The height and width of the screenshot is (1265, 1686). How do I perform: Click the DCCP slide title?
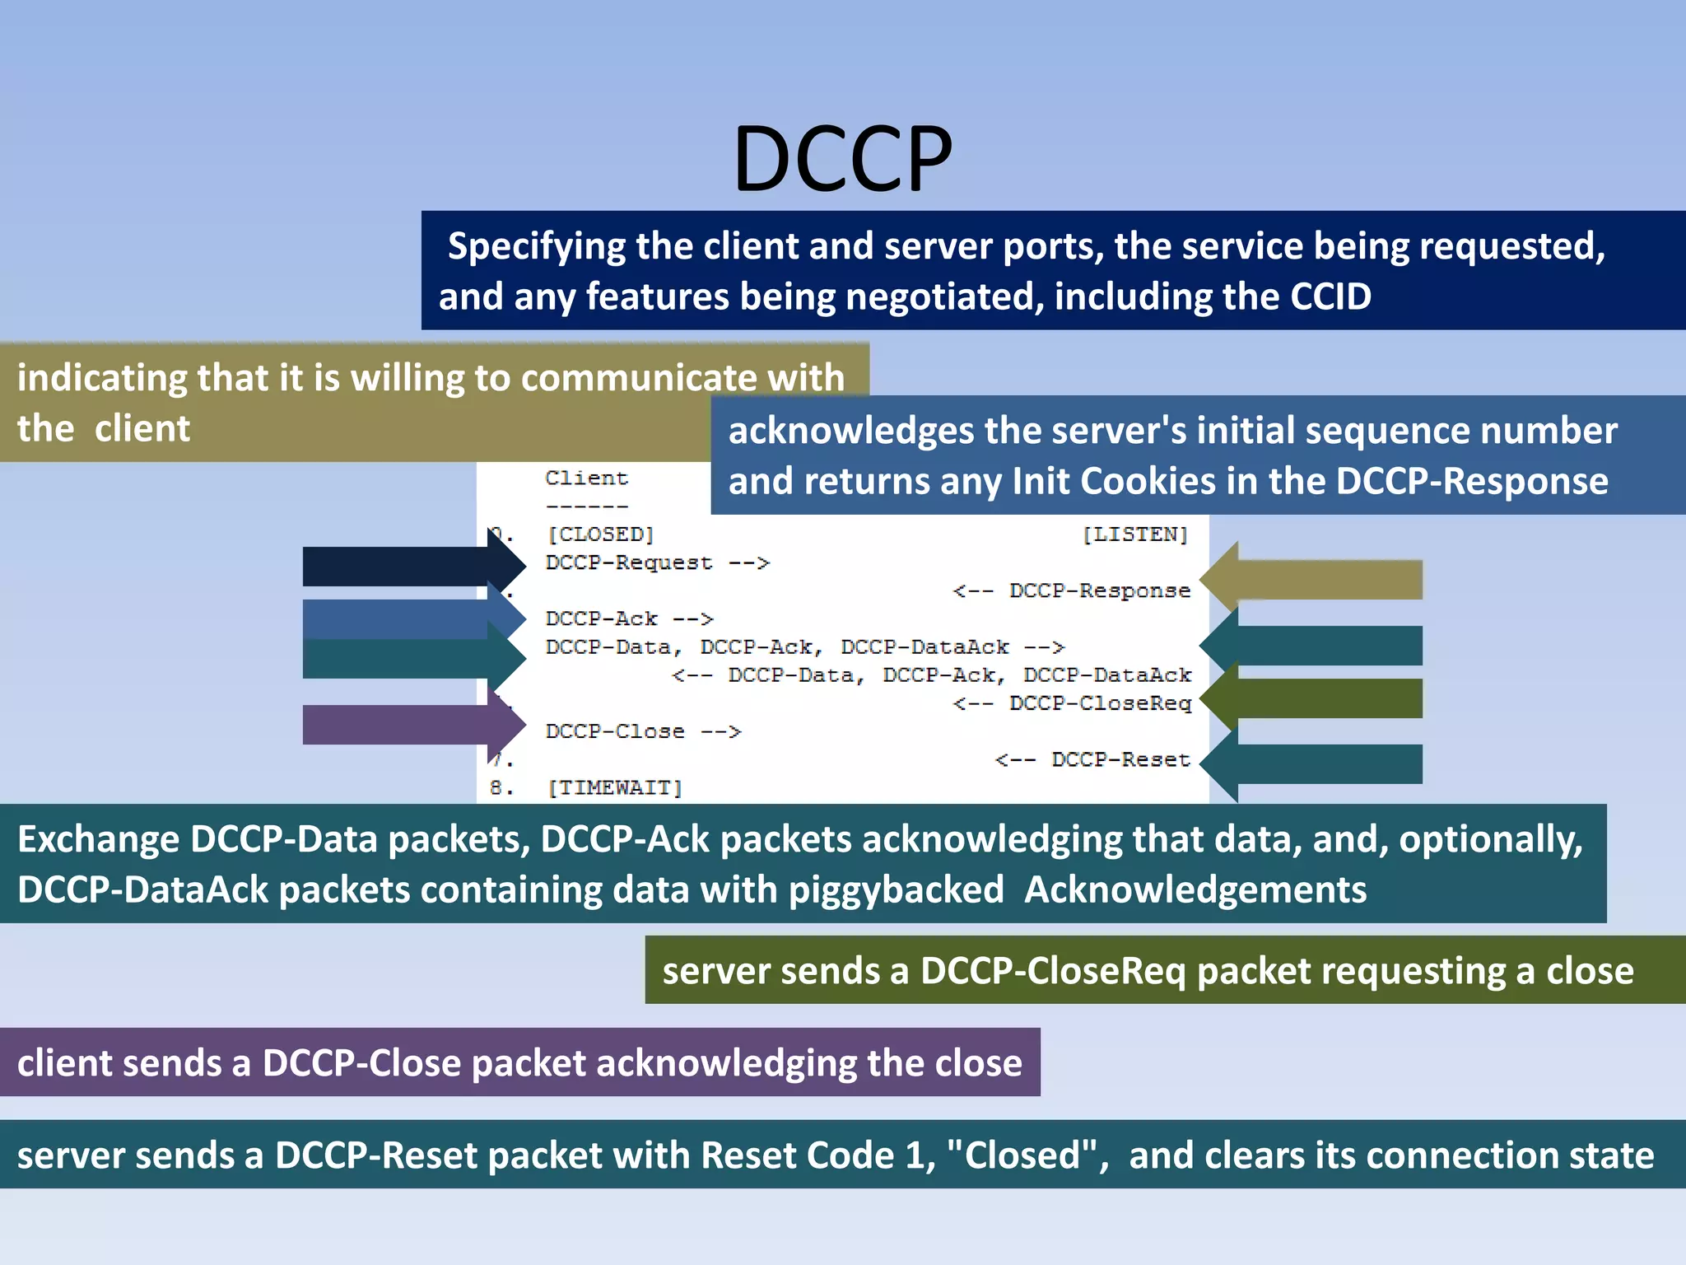tap(842, 158)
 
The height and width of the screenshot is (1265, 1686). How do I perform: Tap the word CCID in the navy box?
tap(1330, 296)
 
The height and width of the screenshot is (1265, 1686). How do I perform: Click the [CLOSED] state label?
tap(600, 534)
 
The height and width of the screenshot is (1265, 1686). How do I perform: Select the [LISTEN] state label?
tap(1135, 534)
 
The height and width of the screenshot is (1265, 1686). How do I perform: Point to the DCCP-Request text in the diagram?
tap(628, 562)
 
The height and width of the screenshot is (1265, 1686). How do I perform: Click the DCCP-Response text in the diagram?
tap(1099, 590)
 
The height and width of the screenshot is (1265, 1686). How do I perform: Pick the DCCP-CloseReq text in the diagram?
tap(1100, 703)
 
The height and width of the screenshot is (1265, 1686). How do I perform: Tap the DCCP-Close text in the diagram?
tap(615, 731)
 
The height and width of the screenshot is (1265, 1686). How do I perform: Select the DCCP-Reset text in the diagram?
tap(1120, 759)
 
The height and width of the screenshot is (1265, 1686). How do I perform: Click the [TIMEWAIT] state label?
tap(615, 788)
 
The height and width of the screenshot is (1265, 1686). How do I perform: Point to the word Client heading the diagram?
tap(586, 478)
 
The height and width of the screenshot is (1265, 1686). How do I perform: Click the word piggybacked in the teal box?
tap(896, 890)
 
